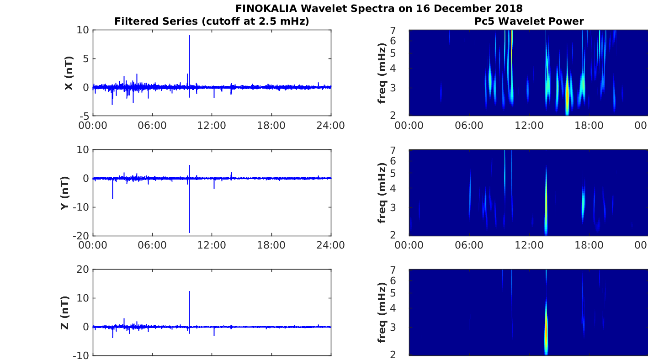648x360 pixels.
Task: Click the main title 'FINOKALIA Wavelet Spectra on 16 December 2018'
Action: [379, 8]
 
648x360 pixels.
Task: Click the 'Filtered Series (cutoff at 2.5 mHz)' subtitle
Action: [212, 21]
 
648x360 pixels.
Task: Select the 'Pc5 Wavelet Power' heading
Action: [529, 21]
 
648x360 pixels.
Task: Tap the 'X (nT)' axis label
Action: [69, 73]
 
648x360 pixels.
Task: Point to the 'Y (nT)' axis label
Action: [64, 193]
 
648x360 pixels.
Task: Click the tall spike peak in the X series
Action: [189, 36]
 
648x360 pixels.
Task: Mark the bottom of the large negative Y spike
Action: [189, 232]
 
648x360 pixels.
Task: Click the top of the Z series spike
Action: [189, 291]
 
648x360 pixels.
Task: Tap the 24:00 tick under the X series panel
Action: [331, 126]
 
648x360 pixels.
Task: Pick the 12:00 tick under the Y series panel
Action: [212, 245]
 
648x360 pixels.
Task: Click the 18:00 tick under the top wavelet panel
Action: [589, 126]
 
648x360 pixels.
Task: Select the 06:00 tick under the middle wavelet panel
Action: [469, 245]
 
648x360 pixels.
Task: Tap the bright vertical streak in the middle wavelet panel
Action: [546, 201]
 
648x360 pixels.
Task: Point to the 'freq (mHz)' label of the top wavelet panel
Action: [382, 73]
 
